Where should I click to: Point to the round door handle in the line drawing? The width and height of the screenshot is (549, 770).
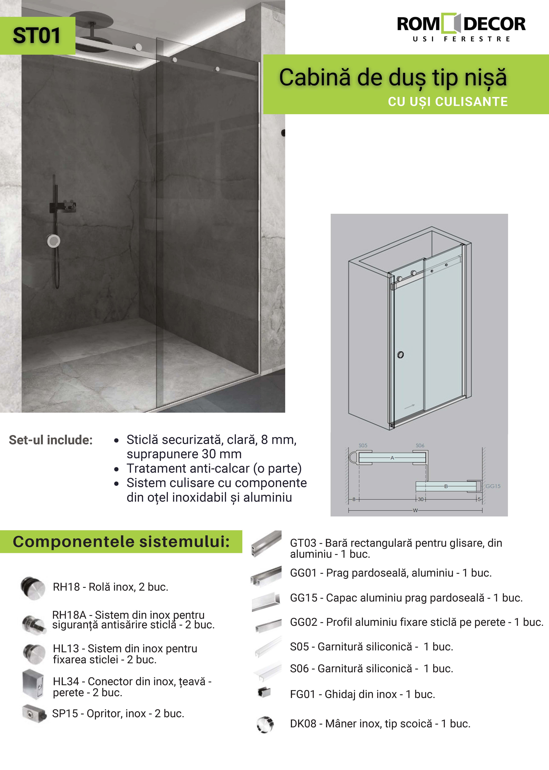coord(401,355)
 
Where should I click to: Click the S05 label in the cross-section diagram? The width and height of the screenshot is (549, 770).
coord(363,445)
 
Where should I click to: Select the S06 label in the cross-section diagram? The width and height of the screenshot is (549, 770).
coord(420,445)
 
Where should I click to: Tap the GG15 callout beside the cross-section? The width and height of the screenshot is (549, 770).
coord(493,486)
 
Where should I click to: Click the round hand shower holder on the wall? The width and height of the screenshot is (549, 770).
coord(53,241)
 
